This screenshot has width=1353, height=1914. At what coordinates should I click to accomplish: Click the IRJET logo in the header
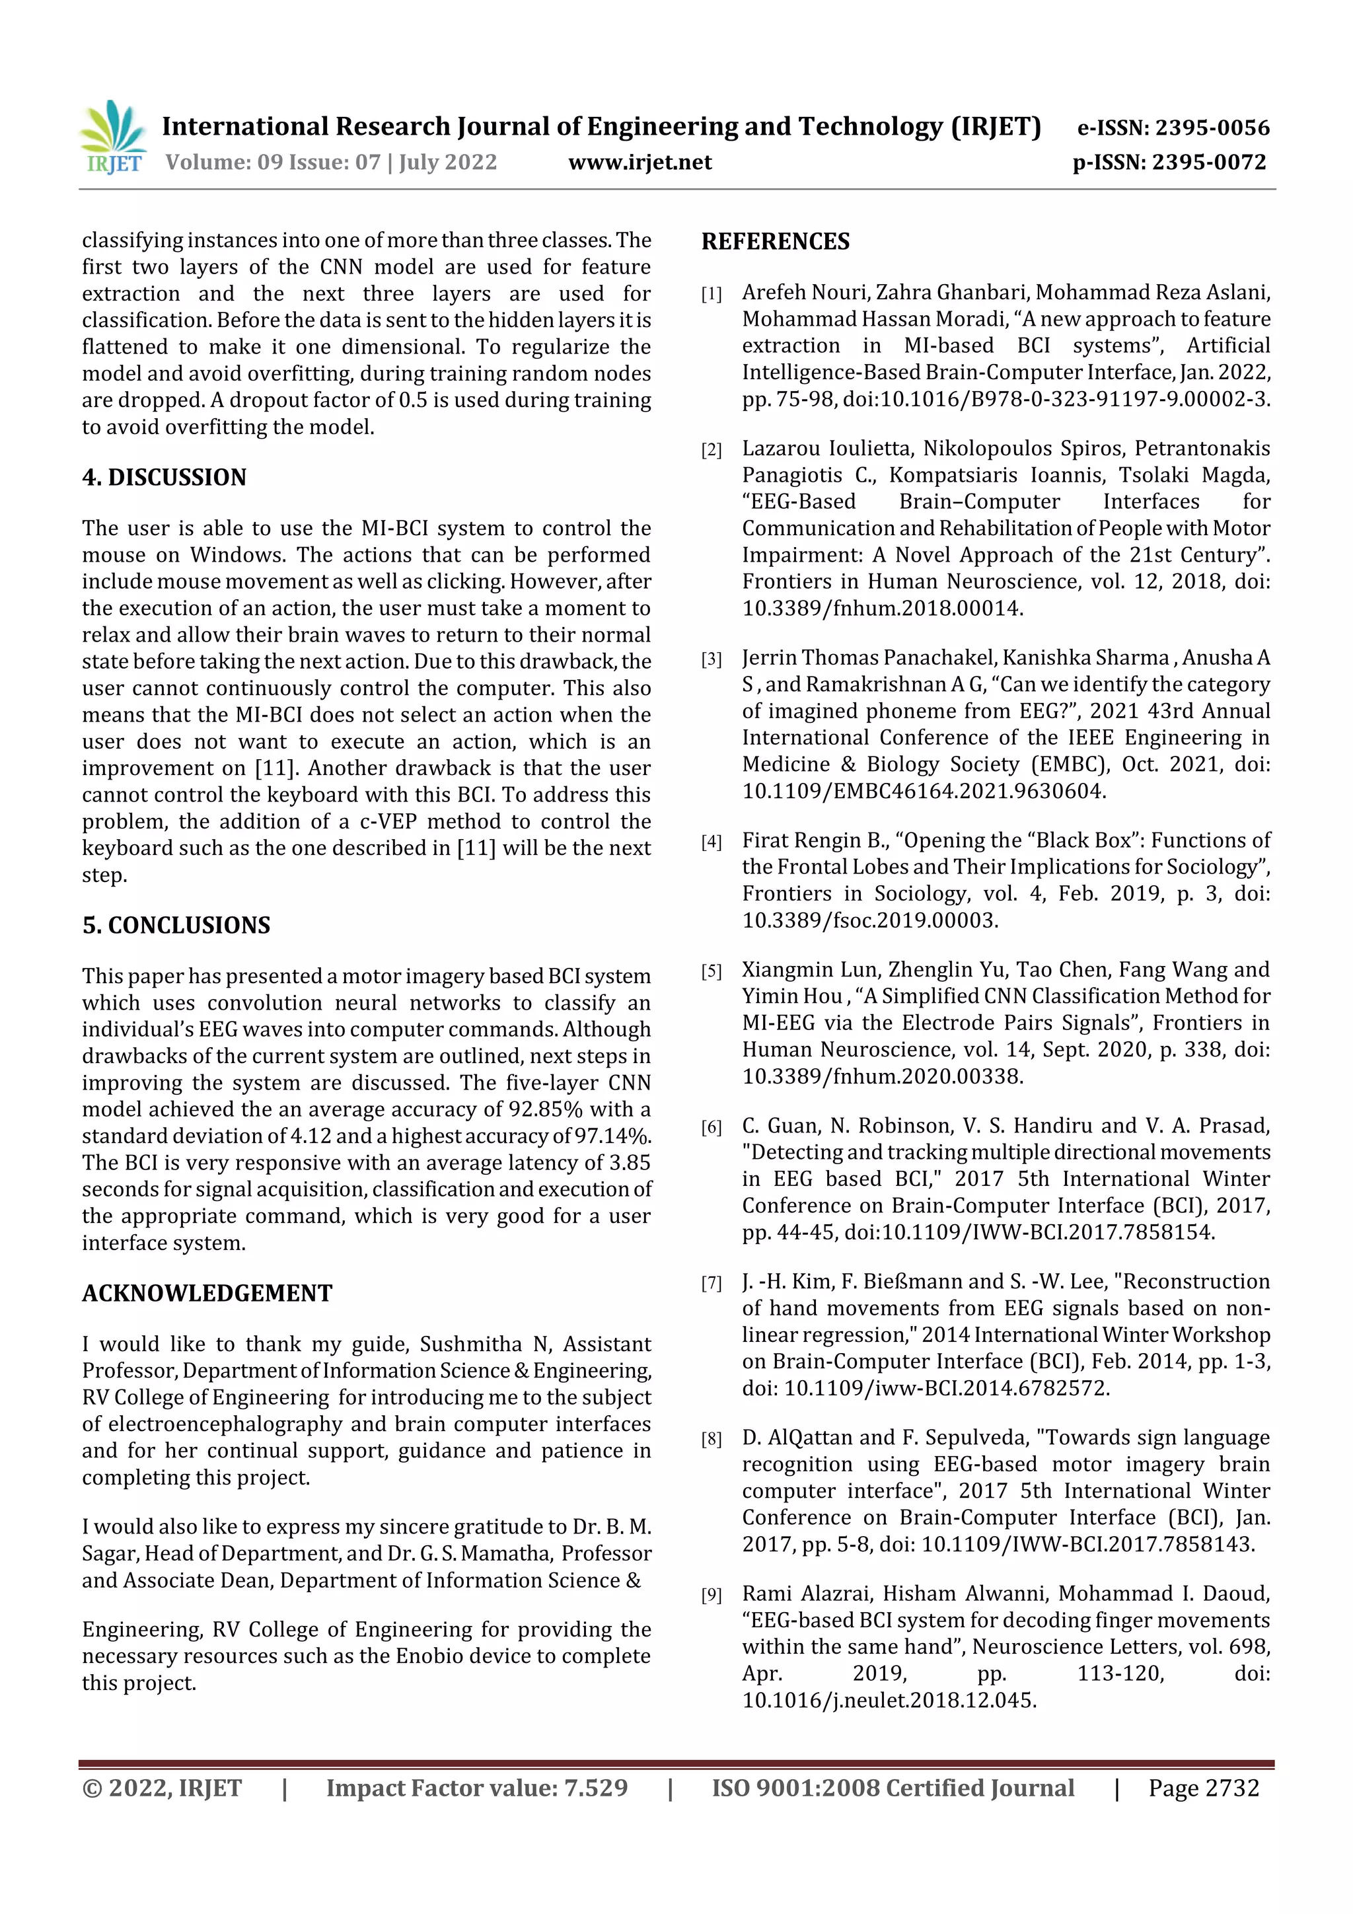[x=112, y=137]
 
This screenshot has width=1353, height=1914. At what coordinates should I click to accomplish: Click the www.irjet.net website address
[x=640, y=162]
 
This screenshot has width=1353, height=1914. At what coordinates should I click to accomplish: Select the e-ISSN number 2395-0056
[x=1212, y=128]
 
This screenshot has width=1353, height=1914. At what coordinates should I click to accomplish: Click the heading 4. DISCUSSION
[x=165, y=477]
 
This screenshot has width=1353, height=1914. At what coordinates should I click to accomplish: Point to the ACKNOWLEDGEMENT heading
[x=207, y=1293]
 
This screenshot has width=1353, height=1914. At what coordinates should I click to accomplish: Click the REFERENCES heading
[x=776, y=242]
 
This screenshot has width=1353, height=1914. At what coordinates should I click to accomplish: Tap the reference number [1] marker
[x=711, y=294]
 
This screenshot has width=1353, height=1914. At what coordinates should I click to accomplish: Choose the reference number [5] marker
[x=711, y=971]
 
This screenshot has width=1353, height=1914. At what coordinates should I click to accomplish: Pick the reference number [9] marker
[x=711, y=1595]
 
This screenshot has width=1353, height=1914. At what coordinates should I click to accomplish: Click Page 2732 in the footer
[x=1203, y=1788]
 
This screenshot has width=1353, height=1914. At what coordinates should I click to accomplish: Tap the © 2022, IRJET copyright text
[x=162, y=1788]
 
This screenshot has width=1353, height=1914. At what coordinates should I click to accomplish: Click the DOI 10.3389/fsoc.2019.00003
[x=869, y=920]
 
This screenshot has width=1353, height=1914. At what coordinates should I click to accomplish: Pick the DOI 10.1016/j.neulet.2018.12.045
[x=889, y=1701]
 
